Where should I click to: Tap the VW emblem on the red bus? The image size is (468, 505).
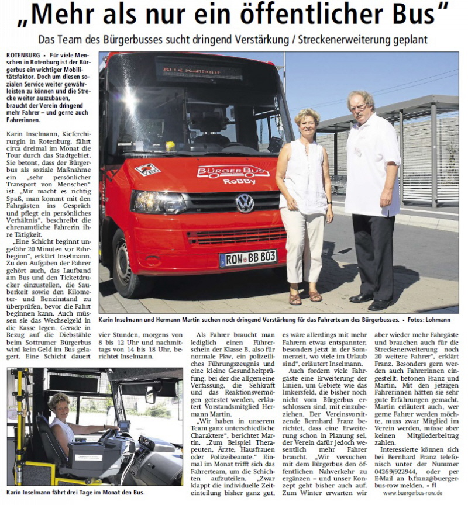[x=245, y=203]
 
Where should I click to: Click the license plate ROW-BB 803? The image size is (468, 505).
[x=248, y=258]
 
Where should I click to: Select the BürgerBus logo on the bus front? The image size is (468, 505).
[x=233, y=172]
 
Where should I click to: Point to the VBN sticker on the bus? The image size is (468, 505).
[x=147, y=170]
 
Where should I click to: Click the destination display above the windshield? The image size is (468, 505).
[x=199, y=72]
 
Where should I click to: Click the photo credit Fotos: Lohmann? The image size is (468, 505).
[x=432, y=320]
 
